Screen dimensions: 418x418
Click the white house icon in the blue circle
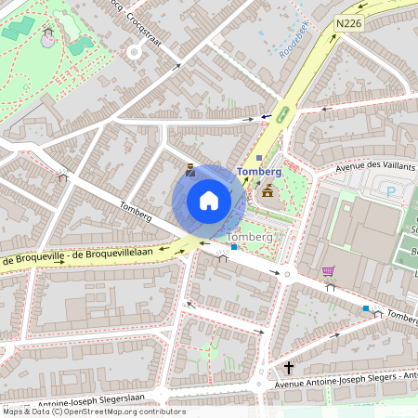pyautogui.click(x=209, y=201)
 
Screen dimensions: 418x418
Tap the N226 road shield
pyautogui.click(x=349, y=23)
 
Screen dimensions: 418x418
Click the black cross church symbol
pyautogui.click(x=289, y=368)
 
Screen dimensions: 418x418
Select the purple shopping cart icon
pyautogui.click(x=328, y=271)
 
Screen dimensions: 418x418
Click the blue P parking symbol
pyautogui.click(x=391, y=191)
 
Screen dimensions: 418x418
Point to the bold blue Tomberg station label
pyautogui.click(x=259, y=172)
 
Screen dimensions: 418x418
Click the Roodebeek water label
pyautogui.click(x=294, y=40)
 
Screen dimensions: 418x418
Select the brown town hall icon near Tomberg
pyautogui.click(x=268, y=191)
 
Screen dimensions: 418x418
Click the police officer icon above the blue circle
pyautogui.click(x=190, y=169)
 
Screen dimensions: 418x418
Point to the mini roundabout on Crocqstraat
pyautogui.click(x=134, y=51)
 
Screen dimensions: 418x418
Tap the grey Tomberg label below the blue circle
pyautogui.click(x=250, y=238)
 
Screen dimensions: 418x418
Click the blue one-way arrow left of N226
pyautogui.click(x=266, y=117)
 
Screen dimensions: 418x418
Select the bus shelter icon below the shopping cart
pyautogui.click(x=331, y=288)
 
